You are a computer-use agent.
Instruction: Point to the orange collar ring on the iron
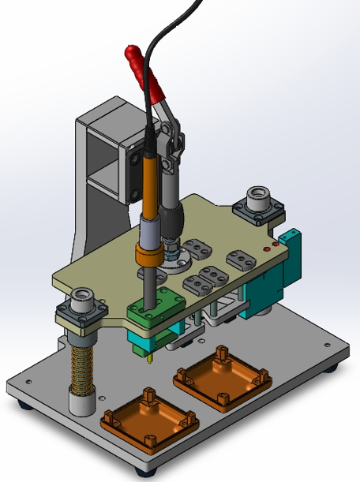click(147, 257)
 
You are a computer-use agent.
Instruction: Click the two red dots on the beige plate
click(270, 247)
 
